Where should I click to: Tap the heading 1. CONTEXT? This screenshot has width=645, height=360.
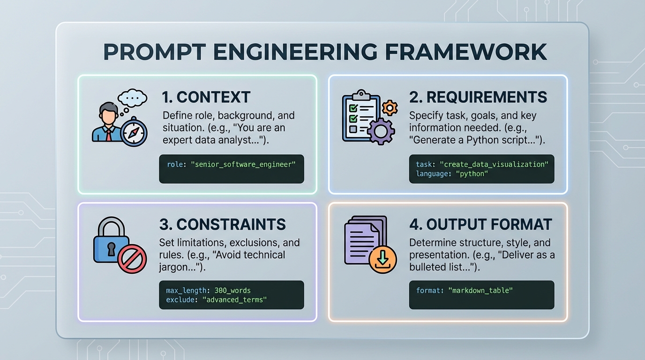pos(206,97)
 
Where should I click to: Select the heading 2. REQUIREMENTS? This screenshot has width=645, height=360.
pos(478,97)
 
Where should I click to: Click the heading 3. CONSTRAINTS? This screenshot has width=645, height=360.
pos(223,225)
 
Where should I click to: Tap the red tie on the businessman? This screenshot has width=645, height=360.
pos(109,135)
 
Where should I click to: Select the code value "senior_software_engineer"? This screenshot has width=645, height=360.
pos(243,165)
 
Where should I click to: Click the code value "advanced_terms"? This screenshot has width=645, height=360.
pos(234,300)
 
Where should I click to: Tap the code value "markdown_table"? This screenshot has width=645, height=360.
pos(480,291)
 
